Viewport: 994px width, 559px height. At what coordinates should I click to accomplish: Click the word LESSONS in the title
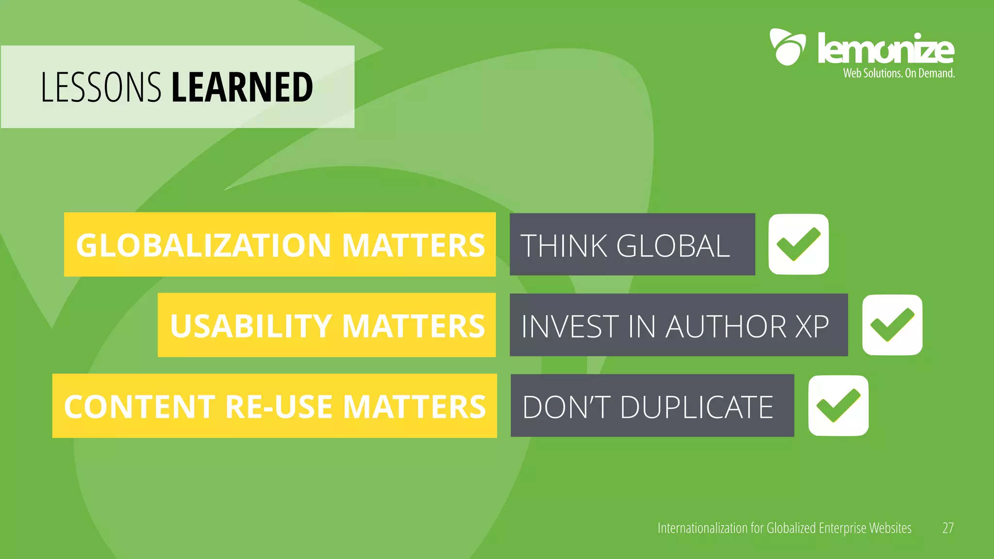click(x=100, y=87)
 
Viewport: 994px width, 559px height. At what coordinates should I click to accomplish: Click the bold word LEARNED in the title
click(x=242, y=87)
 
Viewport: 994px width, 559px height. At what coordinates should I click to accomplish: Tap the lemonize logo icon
click(x=787, y=47)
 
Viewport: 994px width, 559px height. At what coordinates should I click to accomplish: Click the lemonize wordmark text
click(x=886, y=49)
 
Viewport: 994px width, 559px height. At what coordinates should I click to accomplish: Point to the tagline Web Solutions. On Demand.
click(x=899, y=73)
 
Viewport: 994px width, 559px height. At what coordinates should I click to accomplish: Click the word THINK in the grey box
click(x=563, y=246)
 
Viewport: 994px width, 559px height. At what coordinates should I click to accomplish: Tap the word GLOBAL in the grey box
click(x=673, y=246)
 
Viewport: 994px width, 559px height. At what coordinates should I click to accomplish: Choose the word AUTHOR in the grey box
click(x=726, y=326)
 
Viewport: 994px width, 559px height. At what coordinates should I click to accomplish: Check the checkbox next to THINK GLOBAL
click(x=798, y=244)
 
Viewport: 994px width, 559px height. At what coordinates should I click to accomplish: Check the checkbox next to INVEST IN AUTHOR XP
click(x=892, y=325)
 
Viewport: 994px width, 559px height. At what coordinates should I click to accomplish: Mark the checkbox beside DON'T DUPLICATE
click(x=838, y=406)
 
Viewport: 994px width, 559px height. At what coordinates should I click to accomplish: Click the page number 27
click(x=948, y=528)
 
